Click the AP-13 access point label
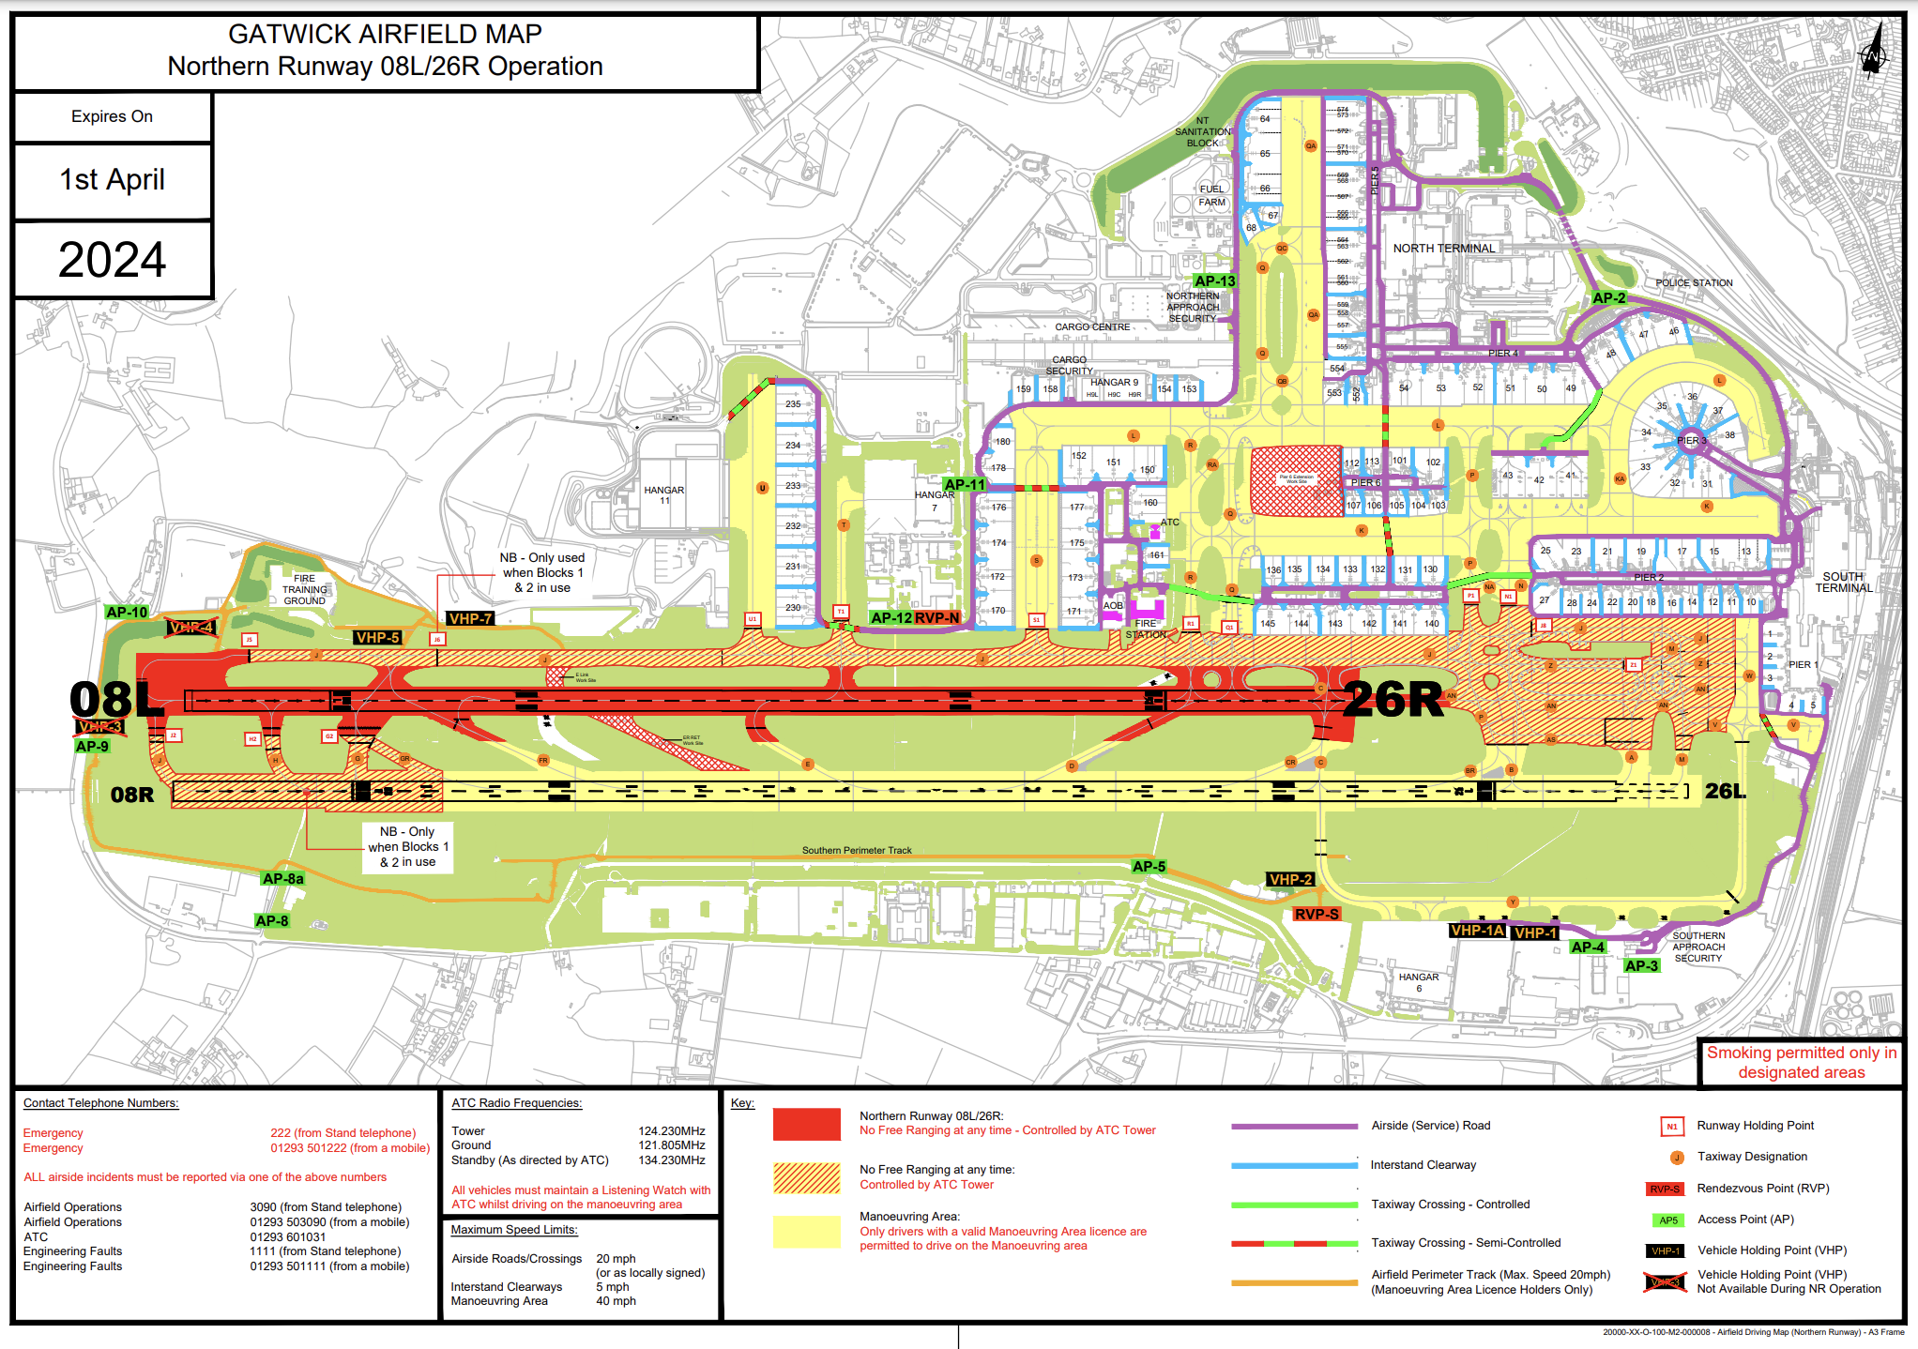(x=1215, y=281)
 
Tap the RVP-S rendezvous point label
(x=1317, y=914)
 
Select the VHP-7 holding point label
(x=470, y=619)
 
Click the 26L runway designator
(x=1725, y=792)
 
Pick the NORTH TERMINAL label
(x=1443, y=249)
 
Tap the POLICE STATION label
(x=1694, y=282)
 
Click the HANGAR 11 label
(x=664, y=495)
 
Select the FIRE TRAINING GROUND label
(x=304, y=589)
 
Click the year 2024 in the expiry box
(x=113, y=260)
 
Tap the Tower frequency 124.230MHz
(x=672, y=1131)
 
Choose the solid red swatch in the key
(x=806, y=1124)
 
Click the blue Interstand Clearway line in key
(x=1294, y=1165)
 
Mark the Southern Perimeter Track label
(x=857, y=851)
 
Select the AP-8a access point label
(x=282, y=879)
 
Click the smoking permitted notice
(x=1801, y=1063)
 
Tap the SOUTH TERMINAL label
(x=1843, y=583)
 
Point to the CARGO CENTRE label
(x=1092, y=327)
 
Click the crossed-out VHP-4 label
(x=191, y=628)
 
